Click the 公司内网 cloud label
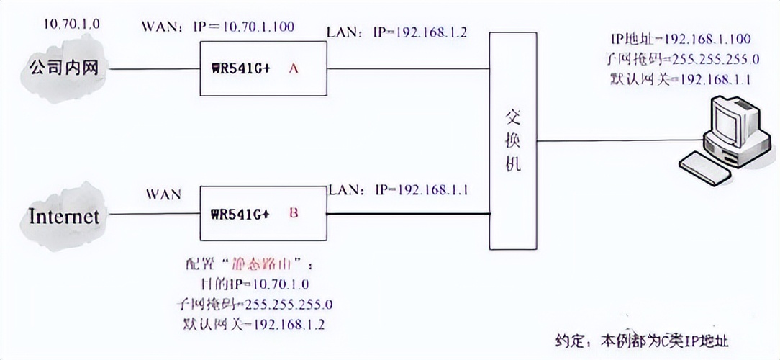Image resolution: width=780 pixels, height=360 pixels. tap(63, 68)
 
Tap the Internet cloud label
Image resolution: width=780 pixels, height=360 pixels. tap(63, 216)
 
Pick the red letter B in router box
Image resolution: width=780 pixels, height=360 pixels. tap(293, 213)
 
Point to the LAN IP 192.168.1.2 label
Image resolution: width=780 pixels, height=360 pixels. tap(397, 33)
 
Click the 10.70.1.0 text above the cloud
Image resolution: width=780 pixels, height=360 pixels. tap(71, 24)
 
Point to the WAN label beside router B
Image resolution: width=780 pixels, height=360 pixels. tap(163, 194)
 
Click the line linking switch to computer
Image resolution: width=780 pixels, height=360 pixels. tap(619, 140)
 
